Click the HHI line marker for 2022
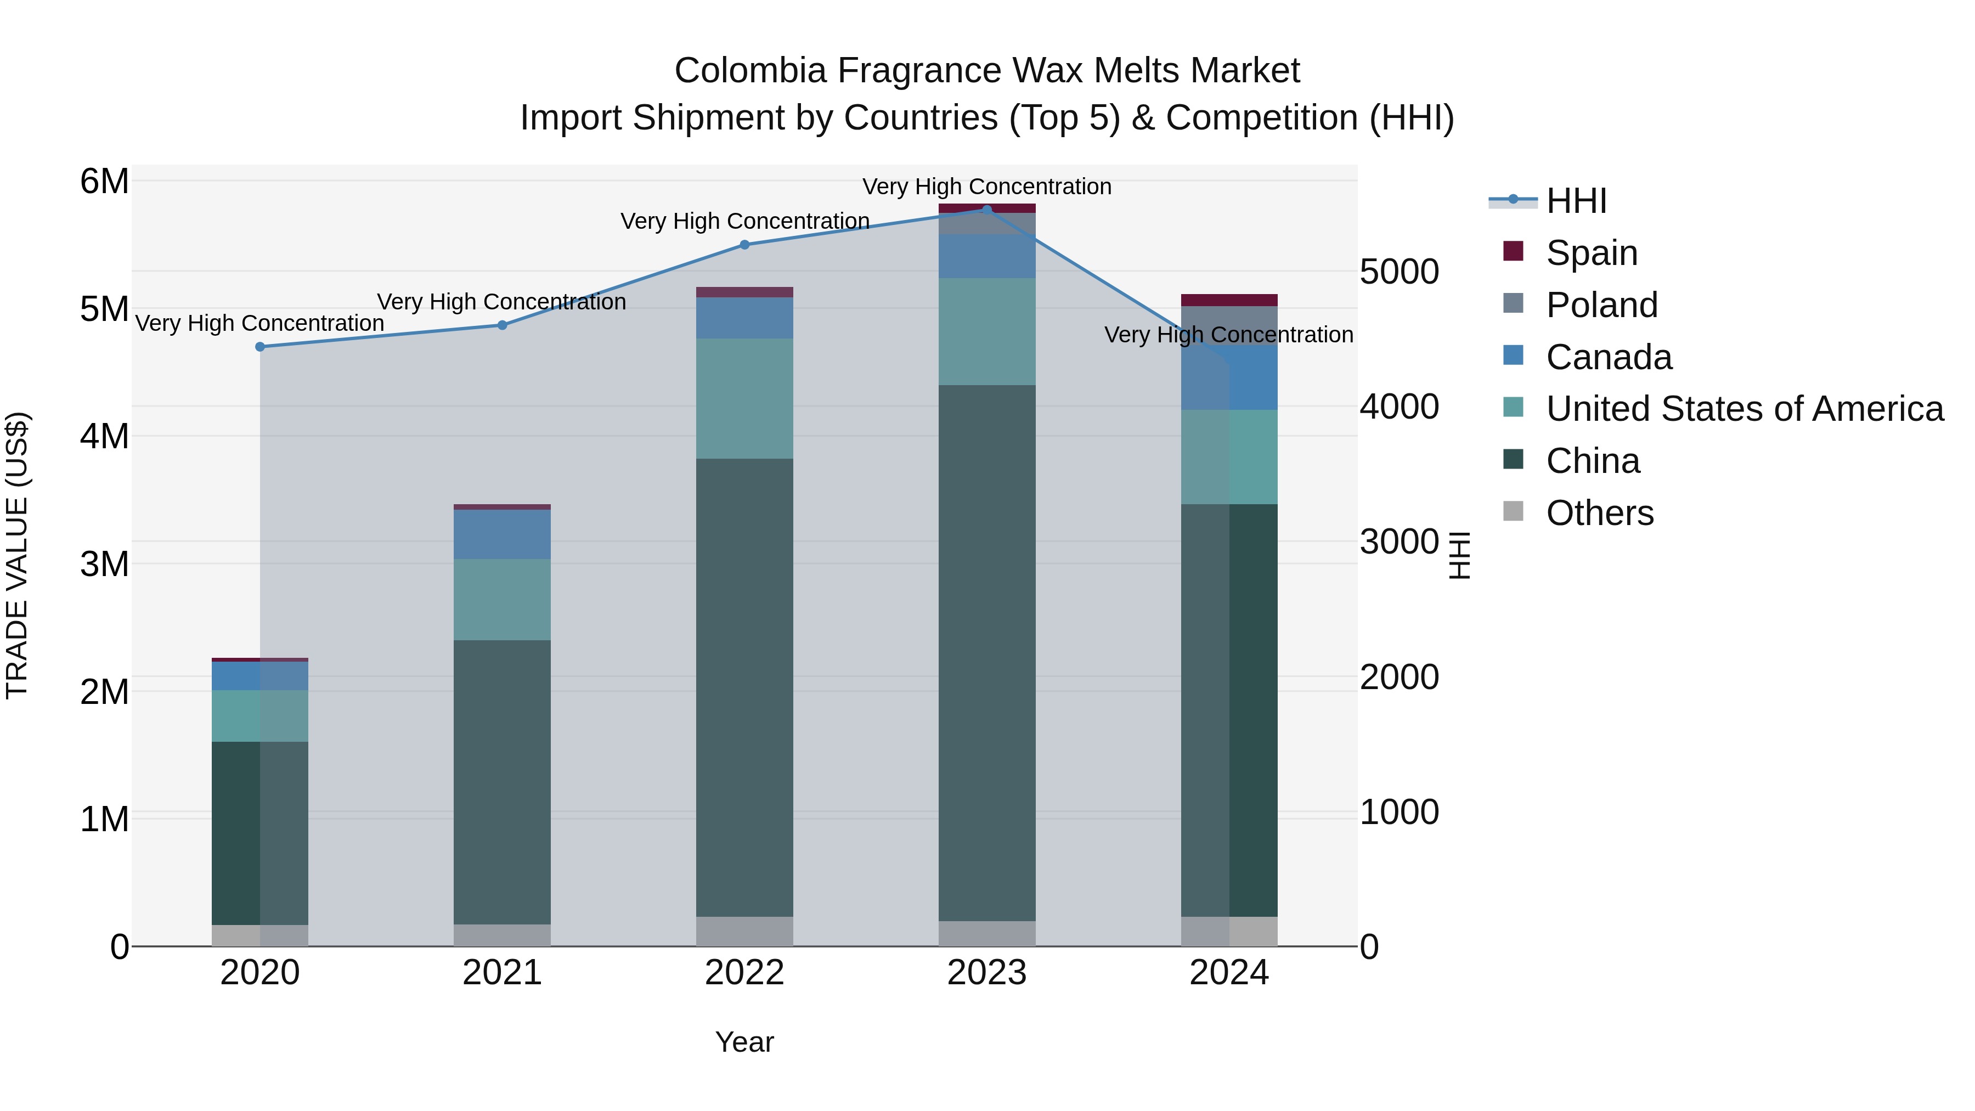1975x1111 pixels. click(744, 245)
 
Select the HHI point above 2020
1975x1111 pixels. click(260, 347)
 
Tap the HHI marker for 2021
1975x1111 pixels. click(502, 325)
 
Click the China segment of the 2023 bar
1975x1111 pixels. click(987, 652)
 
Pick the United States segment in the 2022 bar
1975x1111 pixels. click(744, 399)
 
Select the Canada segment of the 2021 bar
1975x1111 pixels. click(502, 534)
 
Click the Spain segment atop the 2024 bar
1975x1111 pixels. click(1229, 300)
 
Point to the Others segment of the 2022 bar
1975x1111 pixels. click(744, 931)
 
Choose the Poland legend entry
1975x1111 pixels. click(1601, 305)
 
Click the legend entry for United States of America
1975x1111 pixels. click(1744, 409)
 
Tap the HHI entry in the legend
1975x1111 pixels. click(1576, 201)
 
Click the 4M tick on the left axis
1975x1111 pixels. click(104, 436)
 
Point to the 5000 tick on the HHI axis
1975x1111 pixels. click(1398, 272)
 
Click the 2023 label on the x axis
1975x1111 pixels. click(987, 973)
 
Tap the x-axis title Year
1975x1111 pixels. click(744, 1042)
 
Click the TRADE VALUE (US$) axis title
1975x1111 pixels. click(17, 555)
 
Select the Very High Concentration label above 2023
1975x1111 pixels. click(987, 187)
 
